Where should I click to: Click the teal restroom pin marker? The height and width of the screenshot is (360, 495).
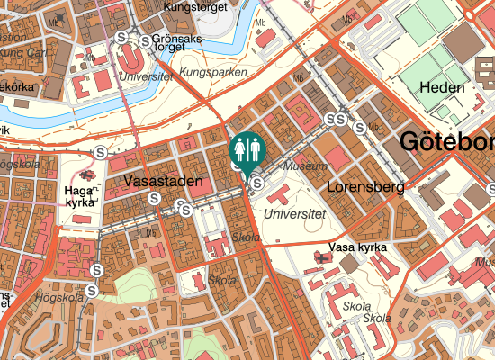[x=247, y=149]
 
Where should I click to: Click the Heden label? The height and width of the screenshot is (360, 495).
[x=442, y=88]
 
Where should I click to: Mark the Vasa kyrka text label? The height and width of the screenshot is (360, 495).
[x=358, y=247]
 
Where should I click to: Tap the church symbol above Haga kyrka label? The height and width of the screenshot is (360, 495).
[x=86, y=175]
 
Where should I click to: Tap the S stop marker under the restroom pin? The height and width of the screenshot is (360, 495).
[x=257, y=184]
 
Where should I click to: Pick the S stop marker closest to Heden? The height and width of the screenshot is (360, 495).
[x=360, y=127]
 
